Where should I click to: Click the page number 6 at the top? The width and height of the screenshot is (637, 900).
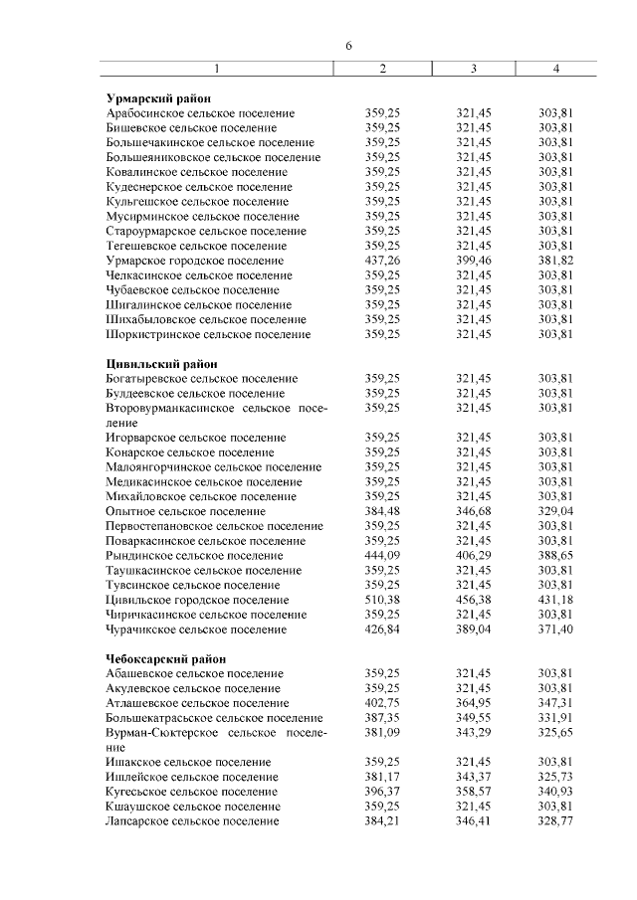[348, 47]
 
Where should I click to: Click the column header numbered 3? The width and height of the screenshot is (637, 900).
[473, 68]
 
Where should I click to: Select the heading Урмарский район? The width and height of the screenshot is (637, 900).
[153, 97]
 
